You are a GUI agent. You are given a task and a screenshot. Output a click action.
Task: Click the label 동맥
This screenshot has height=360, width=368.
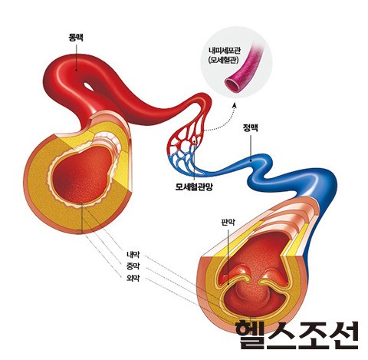point(76,38)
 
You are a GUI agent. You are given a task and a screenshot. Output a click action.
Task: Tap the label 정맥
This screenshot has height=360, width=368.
point(250,127)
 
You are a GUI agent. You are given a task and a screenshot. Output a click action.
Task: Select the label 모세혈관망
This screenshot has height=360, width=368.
point(194,187)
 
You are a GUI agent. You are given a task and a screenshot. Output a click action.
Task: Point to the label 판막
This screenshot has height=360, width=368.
point(228,222)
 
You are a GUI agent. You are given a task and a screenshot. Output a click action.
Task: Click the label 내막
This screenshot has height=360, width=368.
point(133,255)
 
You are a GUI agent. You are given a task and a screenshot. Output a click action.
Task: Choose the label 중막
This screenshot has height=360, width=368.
point(133,266)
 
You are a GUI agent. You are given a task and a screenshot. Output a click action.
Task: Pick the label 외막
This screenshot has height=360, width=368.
point(133,278)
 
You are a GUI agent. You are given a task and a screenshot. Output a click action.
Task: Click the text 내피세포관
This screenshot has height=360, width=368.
point(224,51)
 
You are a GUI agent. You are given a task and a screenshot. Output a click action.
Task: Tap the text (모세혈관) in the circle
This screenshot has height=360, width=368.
point(223,61)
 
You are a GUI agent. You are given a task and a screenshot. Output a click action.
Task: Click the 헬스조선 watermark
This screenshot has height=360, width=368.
point(297,335)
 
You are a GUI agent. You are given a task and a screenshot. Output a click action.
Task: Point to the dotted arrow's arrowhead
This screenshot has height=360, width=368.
point(234,105)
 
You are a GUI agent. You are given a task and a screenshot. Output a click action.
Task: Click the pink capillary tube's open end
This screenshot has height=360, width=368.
point(233,85)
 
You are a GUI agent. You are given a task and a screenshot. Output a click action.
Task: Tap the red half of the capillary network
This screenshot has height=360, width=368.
point(188,133)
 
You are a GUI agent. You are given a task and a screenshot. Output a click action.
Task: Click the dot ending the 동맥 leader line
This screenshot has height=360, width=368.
point(76,70)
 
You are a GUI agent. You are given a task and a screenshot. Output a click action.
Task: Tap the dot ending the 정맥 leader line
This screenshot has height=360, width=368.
point(251,160)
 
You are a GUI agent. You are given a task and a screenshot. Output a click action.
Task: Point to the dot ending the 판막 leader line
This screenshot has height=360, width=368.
point(228,283)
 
